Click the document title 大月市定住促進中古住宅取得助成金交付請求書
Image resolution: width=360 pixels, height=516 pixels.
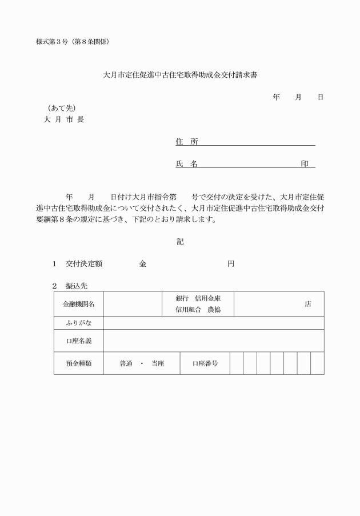[179, 74]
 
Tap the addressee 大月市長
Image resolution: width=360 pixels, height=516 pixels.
[64, 119]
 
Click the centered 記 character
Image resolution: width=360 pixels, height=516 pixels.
[180, 242]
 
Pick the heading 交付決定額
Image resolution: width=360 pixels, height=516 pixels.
[83, 264]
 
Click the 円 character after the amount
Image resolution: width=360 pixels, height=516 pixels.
[230, 264]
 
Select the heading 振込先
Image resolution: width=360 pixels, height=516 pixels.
[76, 285]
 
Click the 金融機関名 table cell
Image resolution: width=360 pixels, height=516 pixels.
[79, 304]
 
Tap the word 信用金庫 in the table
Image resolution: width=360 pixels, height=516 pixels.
[207, 299]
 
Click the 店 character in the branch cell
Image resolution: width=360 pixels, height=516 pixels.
[308, 305]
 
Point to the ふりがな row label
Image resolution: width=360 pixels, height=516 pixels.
[79, 323]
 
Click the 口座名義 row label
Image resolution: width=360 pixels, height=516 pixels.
[79, 341]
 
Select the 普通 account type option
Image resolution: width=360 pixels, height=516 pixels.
[126, 363]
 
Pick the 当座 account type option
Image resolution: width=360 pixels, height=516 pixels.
[158, 363]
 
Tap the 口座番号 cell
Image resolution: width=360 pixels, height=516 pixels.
[205, 363]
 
